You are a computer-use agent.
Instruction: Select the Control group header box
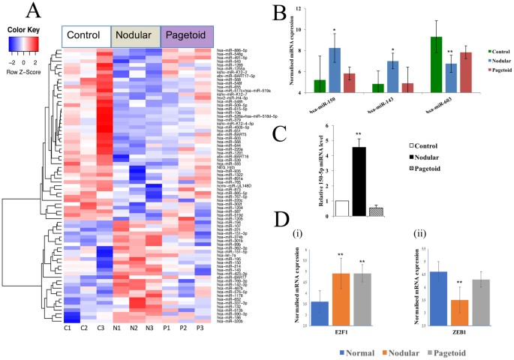click(x=86, y=35)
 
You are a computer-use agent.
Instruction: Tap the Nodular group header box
click(x=135, y=35)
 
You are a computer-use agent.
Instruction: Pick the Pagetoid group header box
click(x=187, y=35)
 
